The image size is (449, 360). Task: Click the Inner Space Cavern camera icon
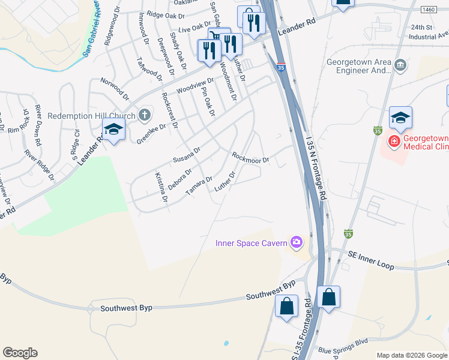tap(296, 242)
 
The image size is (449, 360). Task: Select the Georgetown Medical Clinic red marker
tap(394, 142)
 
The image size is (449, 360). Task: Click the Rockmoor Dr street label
tap(251, 157)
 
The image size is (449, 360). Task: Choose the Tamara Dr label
tap(199, 185)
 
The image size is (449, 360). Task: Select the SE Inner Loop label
tap(372, 260)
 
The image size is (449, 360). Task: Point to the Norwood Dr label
tap(115, 88)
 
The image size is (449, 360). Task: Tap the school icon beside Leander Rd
tap(113, 128)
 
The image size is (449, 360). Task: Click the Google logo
tap(20, 353)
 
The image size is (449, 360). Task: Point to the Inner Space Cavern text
tap(252, 243)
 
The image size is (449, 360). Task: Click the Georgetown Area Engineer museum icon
tap(400, 64)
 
